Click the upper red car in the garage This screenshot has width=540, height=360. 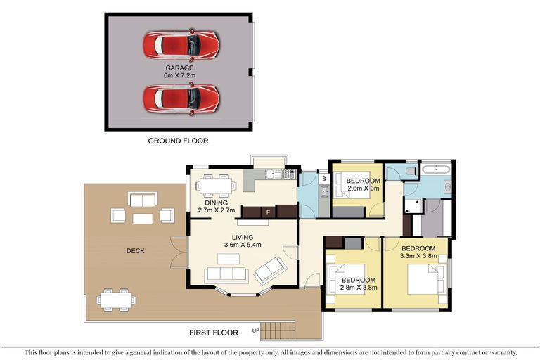click(x=181, y=45)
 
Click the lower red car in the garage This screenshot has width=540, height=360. click(x=181, y=98)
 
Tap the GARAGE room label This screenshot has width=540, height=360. click(x=179, y=68)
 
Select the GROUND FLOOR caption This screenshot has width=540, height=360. click(x=178, y=141)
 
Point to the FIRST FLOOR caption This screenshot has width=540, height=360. click(x=214, y=333)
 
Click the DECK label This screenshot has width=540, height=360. click(x=135, y=251)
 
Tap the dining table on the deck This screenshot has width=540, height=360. click(x=116, y=300)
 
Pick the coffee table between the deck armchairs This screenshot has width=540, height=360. click(x=143, y=219)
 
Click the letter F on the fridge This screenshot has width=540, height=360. click(x=269, y=212)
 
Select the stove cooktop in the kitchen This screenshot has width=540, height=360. click(x=290, y=174)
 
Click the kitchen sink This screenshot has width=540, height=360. click(x=274, y=174)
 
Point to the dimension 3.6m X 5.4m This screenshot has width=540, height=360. click(x=243, y=245)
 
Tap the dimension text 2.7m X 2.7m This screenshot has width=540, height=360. click(x=217, y=210)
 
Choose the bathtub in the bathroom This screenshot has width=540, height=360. click(x=436, y=169)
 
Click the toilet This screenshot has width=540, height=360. click(x=411, y=171)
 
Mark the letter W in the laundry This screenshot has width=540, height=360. click(x=324, y=179)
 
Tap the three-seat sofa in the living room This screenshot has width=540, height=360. click(x=226, y=275)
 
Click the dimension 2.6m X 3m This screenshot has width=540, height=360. click(x=364, y=188)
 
